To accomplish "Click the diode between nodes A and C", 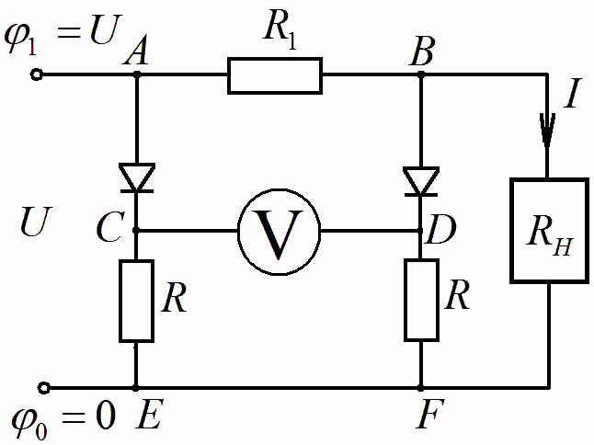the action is [x=137, y=177].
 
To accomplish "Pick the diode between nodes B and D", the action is [x=421, y=181].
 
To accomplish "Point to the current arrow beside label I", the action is [x=547, y=130].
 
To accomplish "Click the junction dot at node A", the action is [x=137, y=75].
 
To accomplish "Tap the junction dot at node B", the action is [x=421, y=75].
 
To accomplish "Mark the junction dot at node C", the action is [x=136, y=230].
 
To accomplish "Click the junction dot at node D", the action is [x=420, y=230].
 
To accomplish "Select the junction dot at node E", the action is [x=135, y=388].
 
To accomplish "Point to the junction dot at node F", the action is [x=420, y=388].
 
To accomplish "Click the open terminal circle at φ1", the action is [x=37, y=75].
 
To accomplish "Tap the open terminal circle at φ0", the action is [x=44, y=388].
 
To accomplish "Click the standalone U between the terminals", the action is [x=36, y=222].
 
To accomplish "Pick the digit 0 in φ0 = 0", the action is [x=105, y=415].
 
